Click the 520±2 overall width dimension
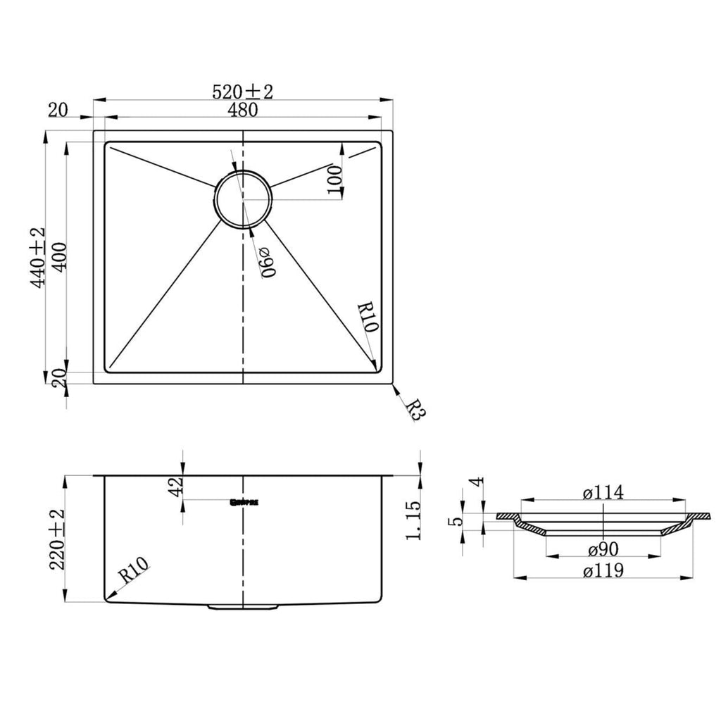click(x=242, y=92)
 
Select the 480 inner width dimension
click(x=242, y=110)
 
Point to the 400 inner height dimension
click(x=58, y=257)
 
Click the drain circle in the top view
click(x=243, y=200)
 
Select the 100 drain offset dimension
click(x=335, y=180)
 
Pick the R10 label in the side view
click(x=133, y=571)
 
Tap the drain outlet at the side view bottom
click(x=243, y=606)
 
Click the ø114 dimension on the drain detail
click(x=603, y=493)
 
